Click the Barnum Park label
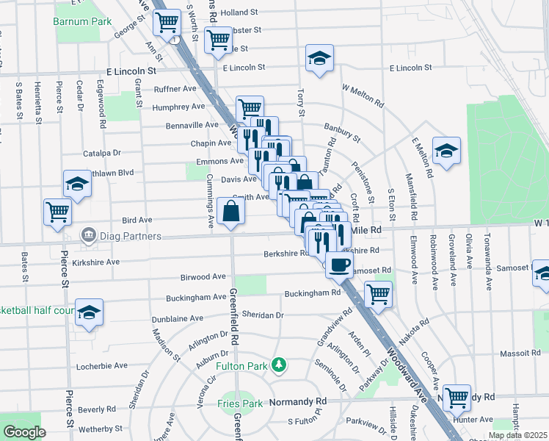82,21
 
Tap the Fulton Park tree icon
278,365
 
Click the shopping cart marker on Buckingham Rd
378,294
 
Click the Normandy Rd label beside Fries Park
297,402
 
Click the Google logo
23,432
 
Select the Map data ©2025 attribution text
517,435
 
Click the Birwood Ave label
203,277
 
